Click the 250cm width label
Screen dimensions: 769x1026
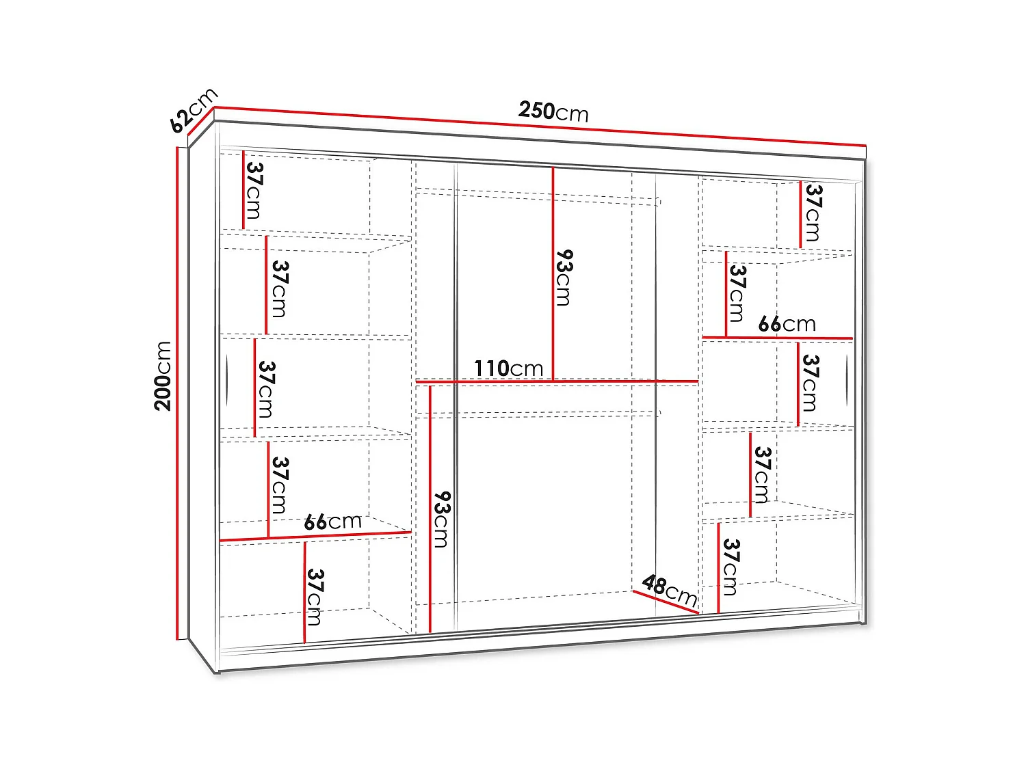(x=553, y=111)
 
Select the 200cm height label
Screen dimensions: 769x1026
(x=163, y=376)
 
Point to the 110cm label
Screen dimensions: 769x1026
(x=508, y=368)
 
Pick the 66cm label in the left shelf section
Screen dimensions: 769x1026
(x=332, y=522)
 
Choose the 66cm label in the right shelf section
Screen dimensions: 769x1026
(x=787, y=324)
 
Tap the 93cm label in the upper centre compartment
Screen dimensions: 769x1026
(x=564, y=277)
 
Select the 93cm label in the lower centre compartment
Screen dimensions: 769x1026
(x=442, y=520)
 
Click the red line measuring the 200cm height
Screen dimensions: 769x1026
(x=178, y=393)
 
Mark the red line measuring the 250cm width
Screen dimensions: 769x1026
(x=540, y=126)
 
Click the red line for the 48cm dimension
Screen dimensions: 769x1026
(x=665, y=602)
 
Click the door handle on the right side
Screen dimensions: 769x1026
(x=847, y=381)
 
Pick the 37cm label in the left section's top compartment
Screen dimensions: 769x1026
(x=253, y=190)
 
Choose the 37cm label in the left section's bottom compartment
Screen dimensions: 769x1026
(x=314, y=597)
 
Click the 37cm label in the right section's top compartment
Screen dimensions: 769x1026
(x=813, y=213)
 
